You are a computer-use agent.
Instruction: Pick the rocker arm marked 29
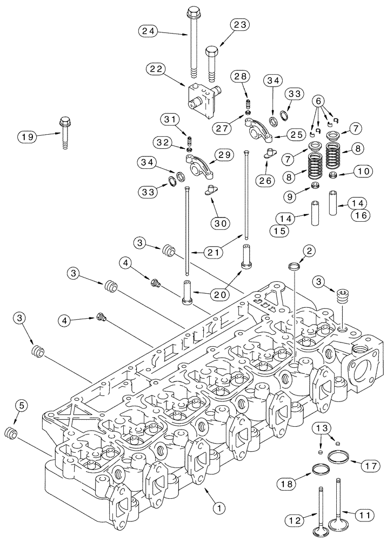pos(198,166)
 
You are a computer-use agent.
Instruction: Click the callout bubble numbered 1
pos(218,507)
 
